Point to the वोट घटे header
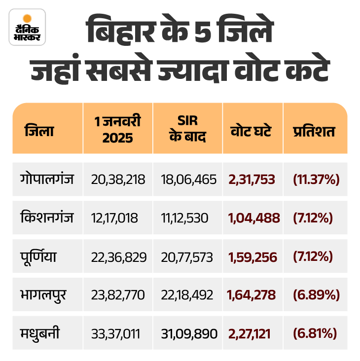pos(252,132)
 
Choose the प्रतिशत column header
pos(314,132)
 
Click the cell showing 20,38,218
pos(118,180)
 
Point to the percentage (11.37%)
pos(316,180)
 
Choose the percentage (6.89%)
pos(316,295)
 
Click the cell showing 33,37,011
pos(115,334)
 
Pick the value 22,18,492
pos(187,295)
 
